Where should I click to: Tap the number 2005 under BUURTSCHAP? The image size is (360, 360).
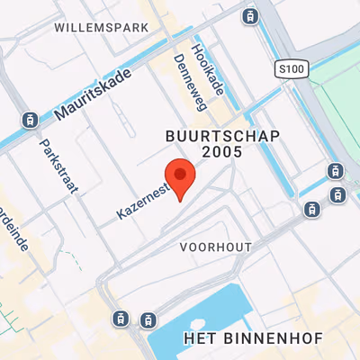[x=222, y=152]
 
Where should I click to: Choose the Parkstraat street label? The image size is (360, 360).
[x=59, y=166]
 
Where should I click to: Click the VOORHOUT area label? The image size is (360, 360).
[x=215, y=246]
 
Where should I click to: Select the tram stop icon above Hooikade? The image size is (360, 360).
[x=250, y=14]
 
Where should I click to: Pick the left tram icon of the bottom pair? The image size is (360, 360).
[x=120, y=319]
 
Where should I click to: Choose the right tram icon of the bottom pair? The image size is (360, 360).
[x=147, y=319]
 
